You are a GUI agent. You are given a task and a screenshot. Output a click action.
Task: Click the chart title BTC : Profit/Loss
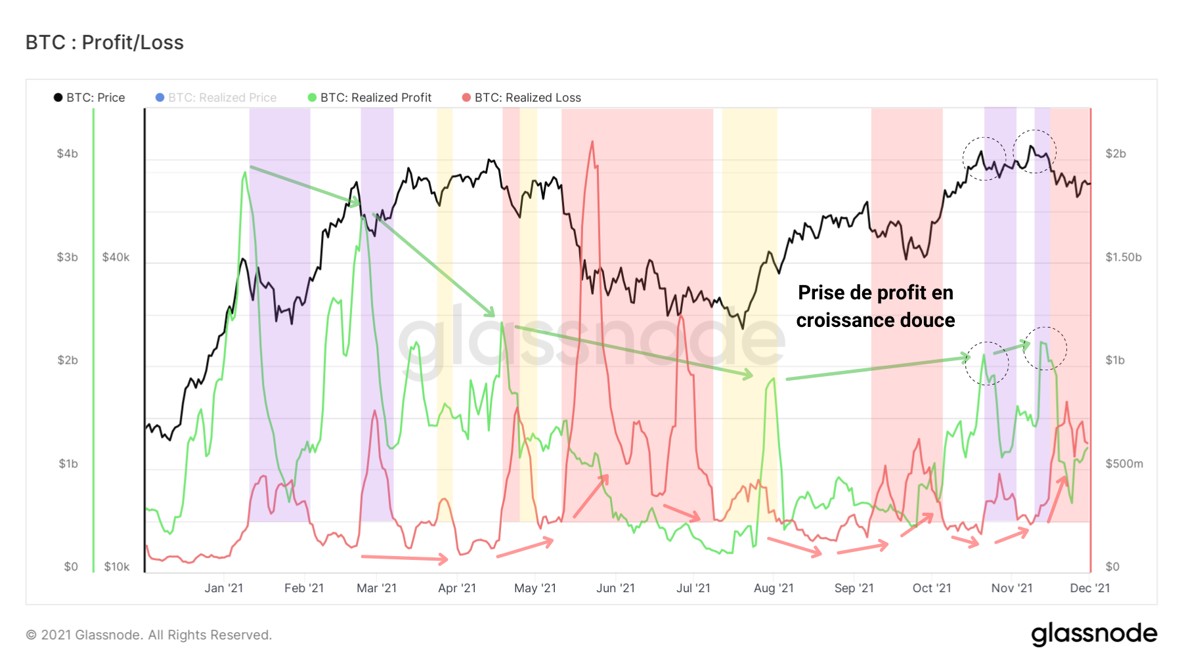coord(104,43)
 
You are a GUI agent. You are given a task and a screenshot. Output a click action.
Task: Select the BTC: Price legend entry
coord(89,98)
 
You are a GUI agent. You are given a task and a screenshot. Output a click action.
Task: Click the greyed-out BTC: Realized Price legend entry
coord(216,98)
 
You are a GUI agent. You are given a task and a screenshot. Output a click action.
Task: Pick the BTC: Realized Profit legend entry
coord(370,98)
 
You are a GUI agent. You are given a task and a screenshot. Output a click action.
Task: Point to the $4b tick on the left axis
coord(67,154)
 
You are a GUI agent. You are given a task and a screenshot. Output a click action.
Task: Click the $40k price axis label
coord(116,257)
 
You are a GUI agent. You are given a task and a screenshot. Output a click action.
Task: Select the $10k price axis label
coord(116,567)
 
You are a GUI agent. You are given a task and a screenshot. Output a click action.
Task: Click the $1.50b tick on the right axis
coord(1123,257)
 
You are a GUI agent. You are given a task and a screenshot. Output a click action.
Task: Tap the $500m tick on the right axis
coord(1124,464)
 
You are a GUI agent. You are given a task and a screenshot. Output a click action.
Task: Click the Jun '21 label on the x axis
coord(615,588)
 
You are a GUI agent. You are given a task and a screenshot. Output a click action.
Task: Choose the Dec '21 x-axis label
coord(1089,588)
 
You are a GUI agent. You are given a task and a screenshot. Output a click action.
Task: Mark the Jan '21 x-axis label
coord(223,588)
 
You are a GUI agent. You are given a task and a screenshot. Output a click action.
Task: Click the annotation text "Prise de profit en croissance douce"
coord(875,307)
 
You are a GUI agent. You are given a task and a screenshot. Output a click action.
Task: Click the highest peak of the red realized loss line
coord(592,142)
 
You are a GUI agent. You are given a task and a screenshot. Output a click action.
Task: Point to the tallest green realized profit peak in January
coord(245,173)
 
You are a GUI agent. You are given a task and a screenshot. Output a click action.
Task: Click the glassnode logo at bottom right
coord(1093,634)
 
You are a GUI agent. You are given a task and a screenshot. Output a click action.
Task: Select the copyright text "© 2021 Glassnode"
coord(148,635)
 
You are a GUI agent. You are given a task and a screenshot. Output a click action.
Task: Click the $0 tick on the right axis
coord(1112,567)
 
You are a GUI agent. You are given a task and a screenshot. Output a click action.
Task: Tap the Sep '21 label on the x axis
coord(854,588)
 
